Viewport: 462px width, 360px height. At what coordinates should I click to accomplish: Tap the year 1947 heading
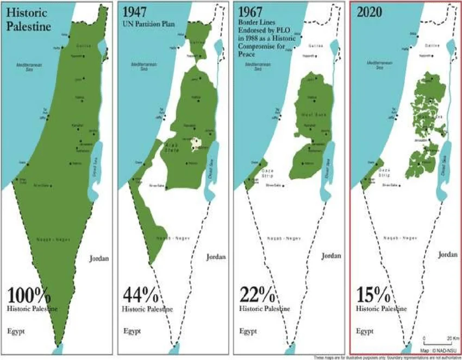pos(134,11)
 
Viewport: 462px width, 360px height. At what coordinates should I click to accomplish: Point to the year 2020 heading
pos(369,11)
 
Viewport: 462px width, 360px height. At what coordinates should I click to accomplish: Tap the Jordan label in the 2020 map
pos(447,254)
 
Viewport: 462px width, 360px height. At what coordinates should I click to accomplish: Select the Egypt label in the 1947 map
pos(133,330)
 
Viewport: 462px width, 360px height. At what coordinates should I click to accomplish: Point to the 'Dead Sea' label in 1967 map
pos(328,162)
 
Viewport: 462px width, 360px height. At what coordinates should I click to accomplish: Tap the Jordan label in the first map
pos(99,258)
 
